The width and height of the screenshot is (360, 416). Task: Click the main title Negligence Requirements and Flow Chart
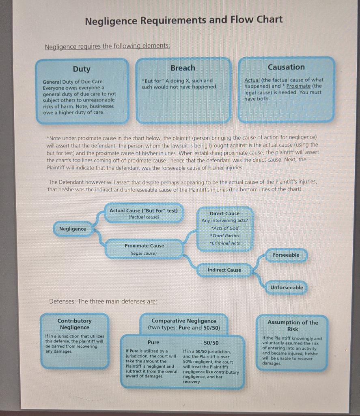pyautogui.click(x=183, y=20)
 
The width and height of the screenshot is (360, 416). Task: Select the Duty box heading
pyautogui.click(x=82, y=69)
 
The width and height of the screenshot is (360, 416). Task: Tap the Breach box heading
pyautogui.click(x=183, y=68)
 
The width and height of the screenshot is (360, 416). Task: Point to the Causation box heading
pyautogui.click(x=286, y=67)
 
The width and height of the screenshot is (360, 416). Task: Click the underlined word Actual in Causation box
pyautogui.click(x=252, y=80)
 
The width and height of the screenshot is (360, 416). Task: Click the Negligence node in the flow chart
pyautogui.click(x=73, y=229)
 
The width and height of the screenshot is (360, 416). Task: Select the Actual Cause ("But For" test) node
pyautogui.click(x=144, y=211)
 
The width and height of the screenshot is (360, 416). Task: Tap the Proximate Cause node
pyautogui.click(x=144, y=246)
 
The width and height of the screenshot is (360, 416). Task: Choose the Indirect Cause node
pyautogui.click(x=224, y=270)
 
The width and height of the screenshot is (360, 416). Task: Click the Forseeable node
pyautogui.click(x=286, y=255)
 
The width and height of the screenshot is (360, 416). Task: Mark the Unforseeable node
pyautogui.click(x=287, y=288)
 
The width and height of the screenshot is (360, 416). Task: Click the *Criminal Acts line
pyautogui.click(x=224, y=243)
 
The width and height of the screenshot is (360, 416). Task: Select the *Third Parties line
pyautogui.click(x=224, y=236)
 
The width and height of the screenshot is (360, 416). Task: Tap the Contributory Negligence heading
pyautogui.click(x=74, y=324)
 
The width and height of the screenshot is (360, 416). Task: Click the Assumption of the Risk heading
pyautogui.click(x=293, y=326)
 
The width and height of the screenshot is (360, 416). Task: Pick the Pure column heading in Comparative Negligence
pyautogui.click(x=153, y=342)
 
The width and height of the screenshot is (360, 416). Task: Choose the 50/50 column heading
pyautogui.click(x=211, y=343)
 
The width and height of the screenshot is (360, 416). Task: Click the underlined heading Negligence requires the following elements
pyautogui.click(x=108, y=46)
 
